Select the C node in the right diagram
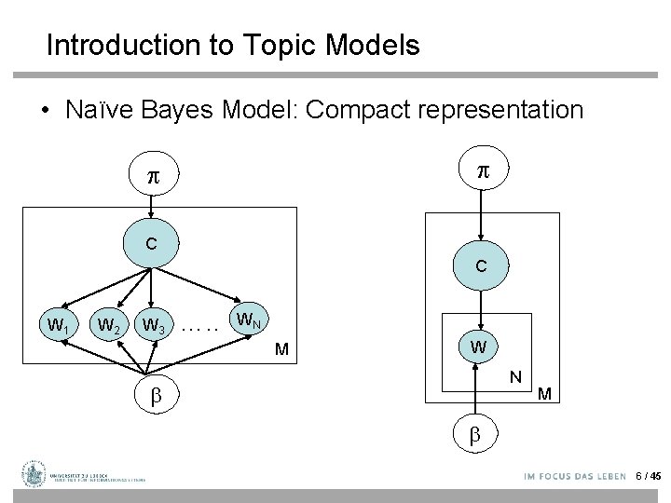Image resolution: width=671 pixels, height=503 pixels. click(x=481, y=265)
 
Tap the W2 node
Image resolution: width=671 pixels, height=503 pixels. click(x=108, y=326)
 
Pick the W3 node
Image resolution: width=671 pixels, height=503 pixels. click(x=152, y=326)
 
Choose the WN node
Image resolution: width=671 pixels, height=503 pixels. click(x=248, y=322)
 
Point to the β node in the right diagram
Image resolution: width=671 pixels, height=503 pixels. click(x=475, y=433)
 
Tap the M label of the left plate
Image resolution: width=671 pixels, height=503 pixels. click(x=281, y=351)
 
